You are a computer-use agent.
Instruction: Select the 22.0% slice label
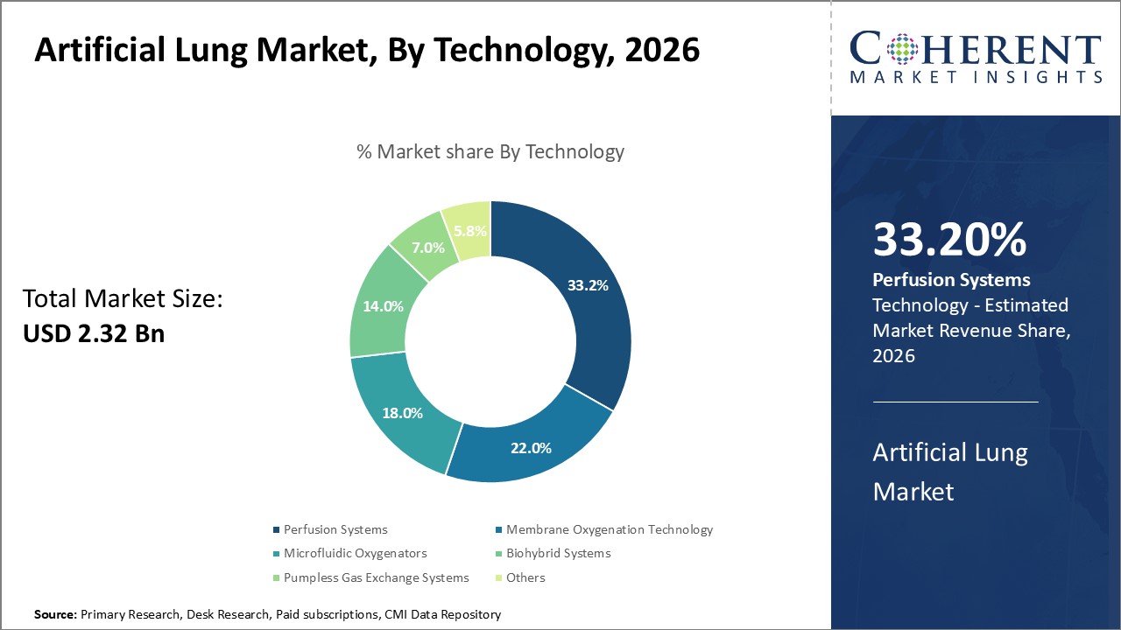531,448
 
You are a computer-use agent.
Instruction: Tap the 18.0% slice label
403,412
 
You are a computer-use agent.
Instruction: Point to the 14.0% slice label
383,306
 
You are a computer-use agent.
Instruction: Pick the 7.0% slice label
429,247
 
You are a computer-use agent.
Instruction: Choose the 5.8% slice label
469,232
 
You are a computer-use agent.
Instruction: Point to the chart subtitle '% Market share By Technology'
490,151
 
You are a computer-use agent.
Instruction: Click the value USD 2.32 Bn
94,333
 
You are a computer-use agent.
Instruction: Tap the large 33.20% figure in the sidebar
949,241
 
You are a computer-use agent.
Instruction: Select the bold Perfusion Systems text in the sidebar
951,280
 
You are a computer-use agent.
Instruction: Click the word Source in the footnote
55,615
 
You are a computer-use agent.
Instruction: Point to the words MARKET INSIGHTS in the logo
976,77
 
